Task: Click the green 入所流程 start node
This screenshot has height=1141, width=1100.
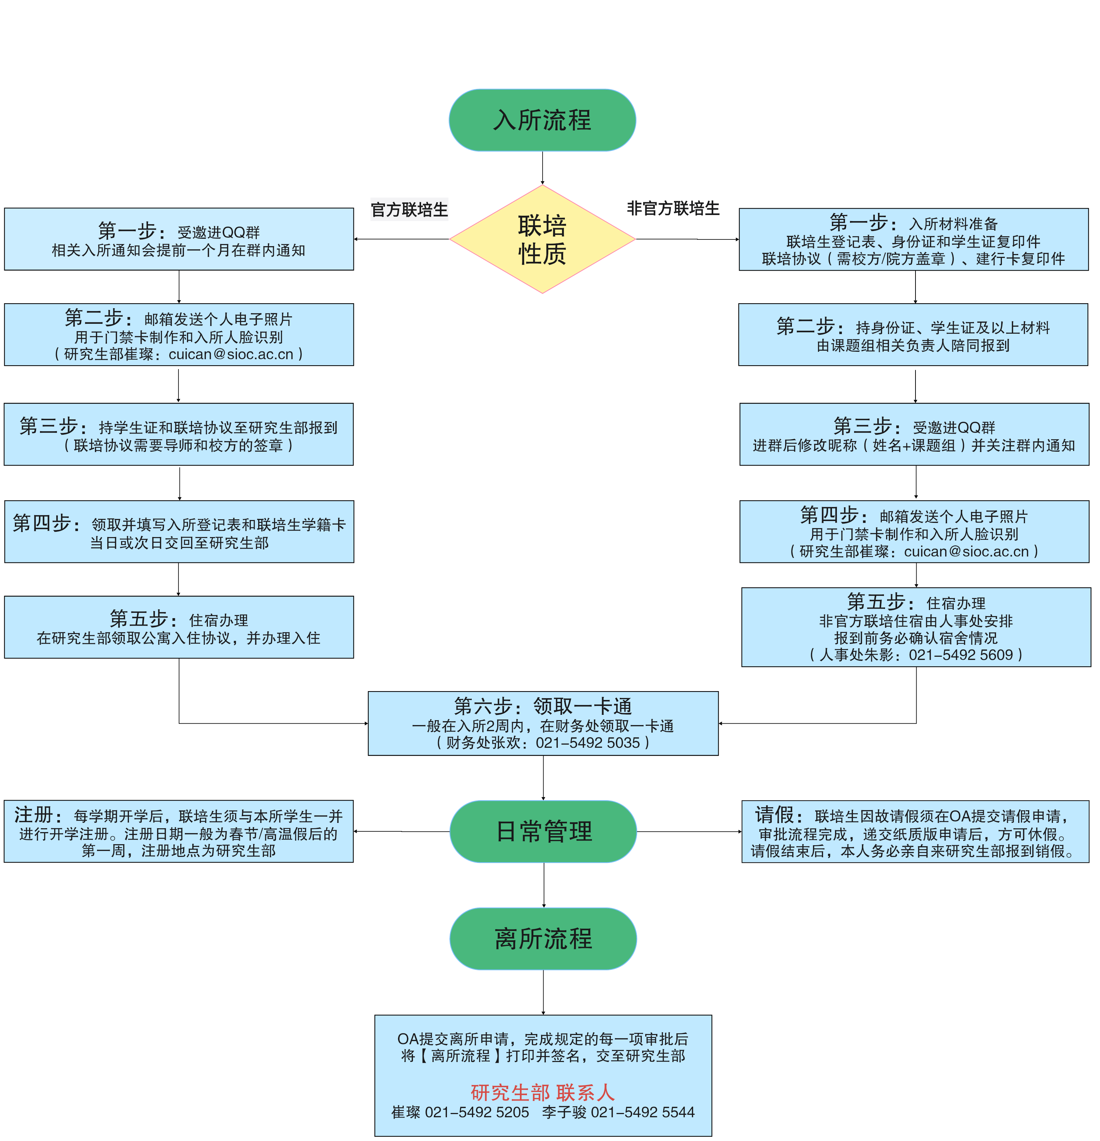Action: coord(542,120)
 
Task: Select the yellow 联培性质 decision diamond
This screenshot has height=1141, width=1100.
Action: coord(542,239)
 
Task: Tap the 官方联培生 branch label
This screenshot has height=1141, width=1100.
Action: coord(409,210)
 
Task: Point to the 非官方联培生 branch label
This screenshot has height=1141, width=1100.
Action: coord(673,208)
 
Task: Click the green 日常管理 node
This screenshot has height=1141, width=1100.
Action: coord(543,831)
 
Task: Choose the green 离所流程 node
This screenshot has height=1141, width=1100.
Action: coord(543,938)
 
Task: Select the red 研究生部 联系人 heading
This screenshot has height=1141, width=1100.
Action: coord(543,1092)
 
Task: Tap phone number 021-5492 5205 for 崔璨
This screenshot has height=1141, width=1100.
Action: coord(477,1112)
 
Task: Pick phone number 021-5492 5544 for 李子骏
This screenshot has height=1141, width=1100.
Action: coord(642,1112)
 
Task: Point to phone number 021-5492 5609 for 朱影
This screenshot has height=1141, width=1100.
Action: coord(960,655)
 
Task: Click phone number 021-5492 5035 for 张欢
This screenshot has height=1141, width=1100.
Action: coord(588,743)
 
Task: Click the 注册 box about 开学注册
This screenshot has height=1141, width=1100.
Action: coord(179,831)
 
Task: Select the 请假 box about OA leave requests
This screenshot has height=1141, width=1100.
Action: coord(915,831)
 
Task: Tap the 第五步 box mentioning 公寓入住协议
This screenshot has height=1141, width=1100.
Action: coord(179,627)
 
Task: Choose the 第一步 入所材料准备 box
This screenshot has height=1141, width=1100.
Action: coord(913,239)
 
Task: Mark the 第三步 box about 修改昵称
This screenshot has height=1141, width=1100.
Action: coord(914,434)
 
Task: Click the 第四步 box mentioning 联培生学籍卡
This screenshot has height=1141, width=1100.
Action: coord(179,531)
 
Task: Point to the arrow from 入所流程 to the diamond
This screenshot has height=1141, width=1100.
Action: coord(543,168)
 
